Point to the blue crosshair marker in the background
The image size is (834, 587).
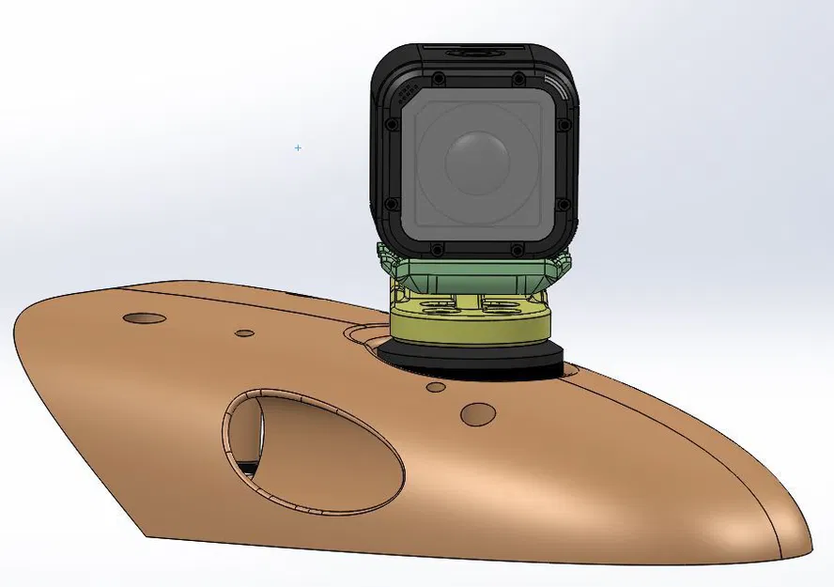299,147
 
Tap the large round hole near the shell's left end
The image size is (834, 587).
145,317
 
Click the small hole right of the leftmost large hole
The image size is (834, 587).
244,332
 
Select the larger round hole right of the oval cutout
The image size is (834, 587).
479,412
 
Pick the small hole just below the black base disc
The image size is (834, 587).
436,386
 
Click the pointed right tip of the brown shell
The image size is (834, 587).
803,540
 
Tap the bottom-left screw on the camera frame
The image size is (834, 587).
438,249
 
